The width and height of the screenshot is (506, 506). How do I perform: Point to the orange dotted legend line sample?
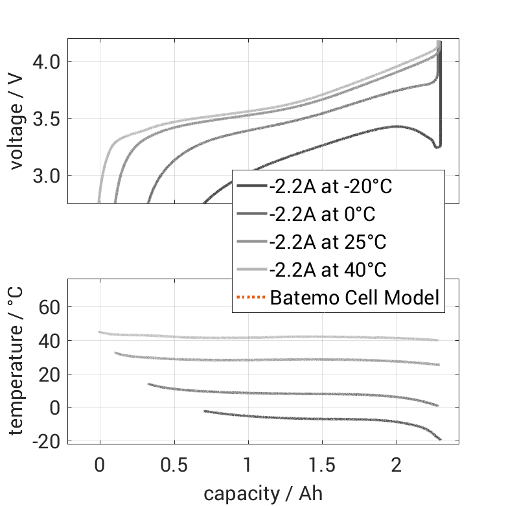[x=251, y=298]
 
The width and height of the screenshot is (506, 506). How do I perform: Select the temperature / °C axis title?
[x=17, y=361]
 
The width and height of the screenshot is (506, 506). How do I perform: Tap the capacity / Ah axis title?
[x=263, y=493]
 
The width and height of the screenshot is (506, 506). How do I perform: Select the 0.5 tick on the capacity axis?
[x=174, y=466]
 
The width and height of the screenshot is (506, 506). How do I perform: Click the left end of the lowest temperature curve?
[x=205, y=411]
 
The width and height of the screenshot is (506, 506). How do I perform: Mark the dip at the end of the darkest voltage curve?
[x=437, y=147]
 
